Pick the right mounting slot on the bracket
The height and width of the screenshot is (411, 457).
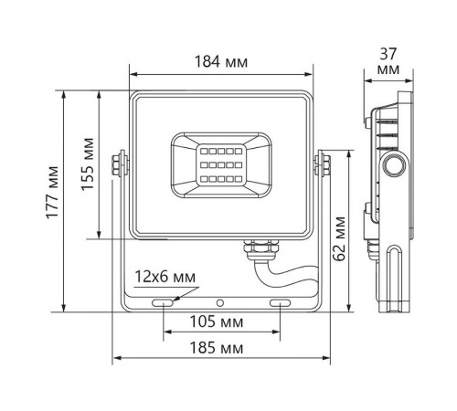(280, 300)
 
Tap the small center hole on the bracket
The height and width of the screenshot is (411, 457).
(219, 300)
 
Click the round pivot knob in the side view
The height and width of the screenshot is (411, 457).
(395, 165)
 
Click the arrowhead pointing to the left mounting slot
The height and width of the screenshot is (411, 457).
(176, 295)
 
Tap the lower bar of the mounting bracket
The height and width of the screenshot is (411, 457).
(219, 308)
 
